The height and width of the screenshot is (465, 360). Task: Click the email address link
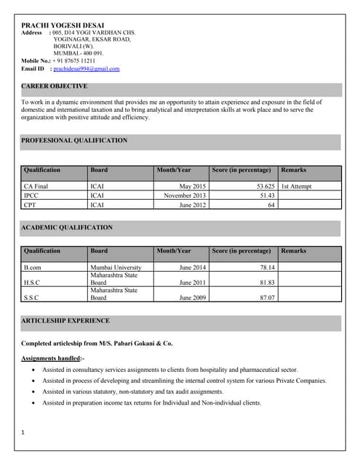tap(87, 69)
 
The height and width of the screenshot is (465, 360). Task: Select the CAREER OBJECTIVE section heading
tap(55, 86)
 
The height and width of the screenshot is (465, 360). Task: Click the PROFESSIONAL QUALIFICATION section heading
tap(74, 140)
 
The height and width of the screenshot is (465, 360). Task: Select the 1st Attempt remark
tap(296, 187)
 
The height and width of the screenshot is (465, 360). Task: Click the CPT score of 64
tap(271, 205)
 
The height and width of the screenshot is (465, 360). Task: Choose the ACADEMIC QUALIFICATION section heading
tap(67, 227)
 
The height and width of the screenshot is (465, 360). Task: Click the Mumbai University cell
tap(116, 267)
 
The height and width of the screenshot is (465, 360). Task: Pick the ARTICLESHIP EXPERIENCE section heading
tap(65, 320)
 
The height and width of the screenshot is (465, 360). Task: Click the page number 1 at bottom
tap(24, 433)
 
